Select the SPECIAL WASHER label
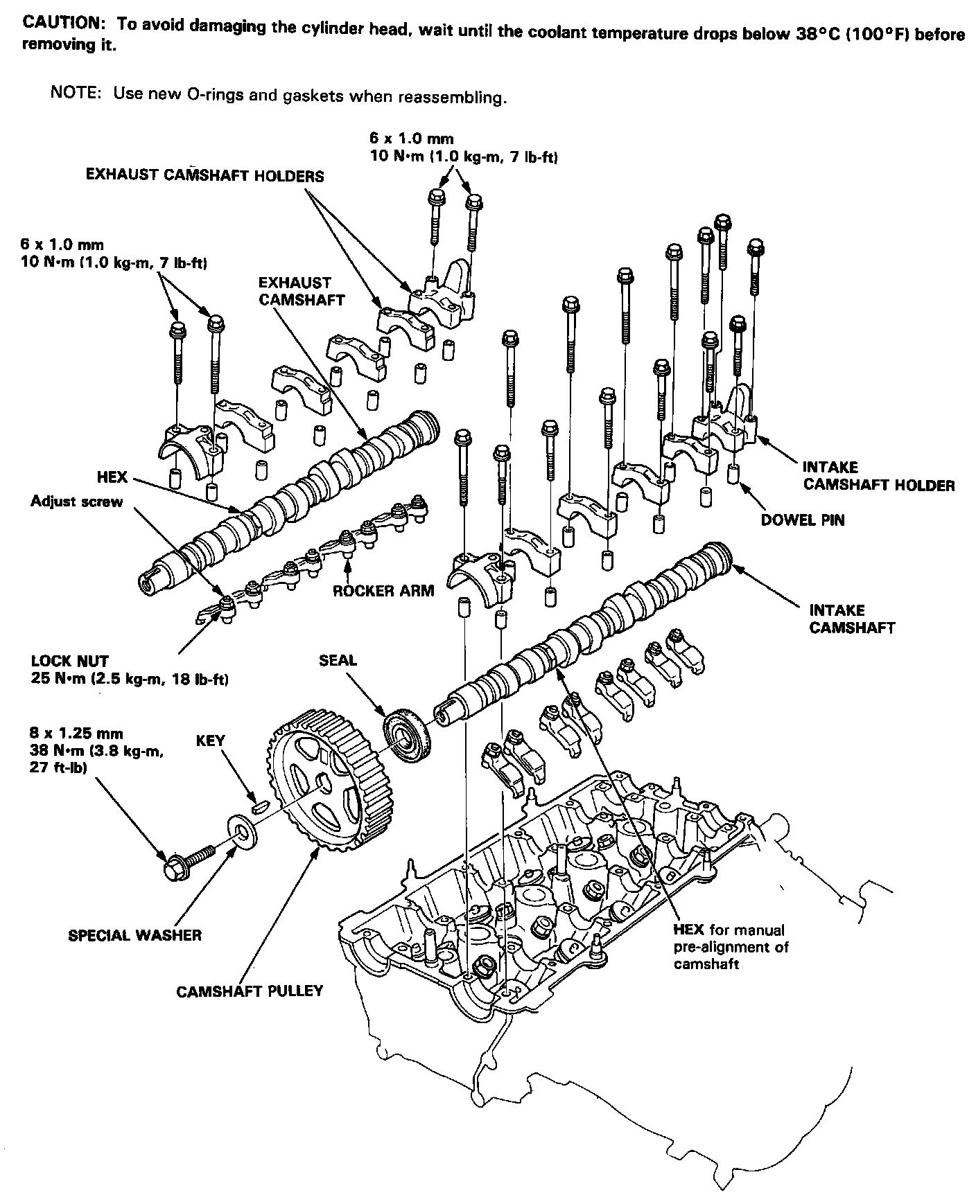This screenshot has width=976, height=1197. pyautogui.click(x=134, y=935)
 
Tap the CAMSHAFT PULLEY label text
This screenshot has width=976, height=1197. pyautogui.click(x=250, y=991)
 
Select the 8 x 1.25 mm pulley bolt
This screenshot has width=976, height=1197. pyautogui.click(x=188, y=862)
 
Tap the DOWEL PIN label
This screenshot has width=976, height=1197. pyautogui.click(x=803, y=520)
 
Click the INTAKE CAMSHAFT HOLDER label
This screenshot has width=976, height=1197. pyautogui.click(x=878, y=477)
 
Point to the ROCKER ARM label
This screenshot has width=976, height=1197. pyautogui.click(x=383, y=591)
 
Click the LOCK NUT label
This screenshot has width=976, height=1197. pyautogui.click(x=70, y=661)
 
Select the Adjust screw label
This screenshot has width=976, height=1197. pyautogui.click(x=76, y=502)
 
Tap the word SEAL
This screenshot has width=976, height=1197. pyautogui.click(x=338, y=660)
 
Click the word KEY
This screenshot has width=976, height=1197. pyautogui.click(x=211, y=741)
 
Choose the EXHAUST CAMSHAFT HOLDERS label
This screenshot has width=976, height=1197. pyautogui.click(x=204, y=175)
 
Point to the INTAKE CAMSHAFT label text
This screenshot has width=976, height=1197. pyautogui.click(x=851, y=619)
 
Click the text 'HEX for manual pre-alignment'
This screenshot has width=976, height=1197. pyautogui.click(x=731, y=946)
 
